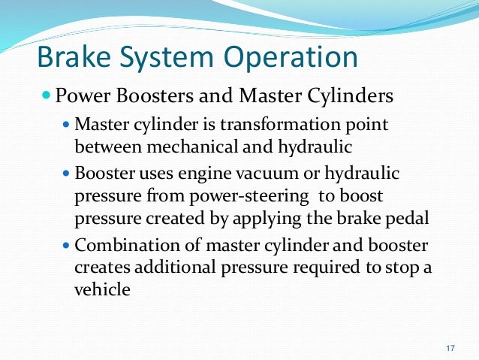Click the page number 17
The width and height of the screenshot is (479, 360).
click(450, 348)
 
